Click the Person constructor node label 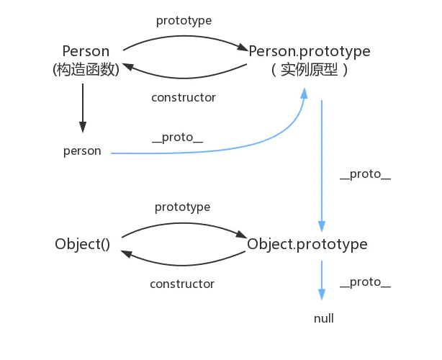[x=86, y=52]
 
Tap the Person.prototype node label [x=310, y=52]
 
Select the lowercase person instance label [x=82, y=152]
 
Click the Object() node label [x=82, y=245]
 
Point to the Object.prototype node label [x=307, y=245]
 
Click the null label [x=324, y=318]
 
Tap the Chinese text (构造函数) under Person [x=86, y=70]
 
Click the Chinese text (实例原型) [x=310, y=70]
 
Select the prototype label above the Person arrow [x=184, y=20]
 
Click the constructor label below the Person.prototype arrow [x=184, y=97]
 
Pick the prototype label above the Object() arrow [x=182, y=207]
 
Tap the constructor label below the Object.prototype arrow [x=182, y=284]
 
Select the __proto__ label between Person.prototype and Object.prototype [x=365, y=176]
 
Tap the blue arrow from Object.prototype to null [x=322, y=281]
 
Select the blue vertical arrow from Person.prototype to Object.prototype [x=322, y=166]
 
